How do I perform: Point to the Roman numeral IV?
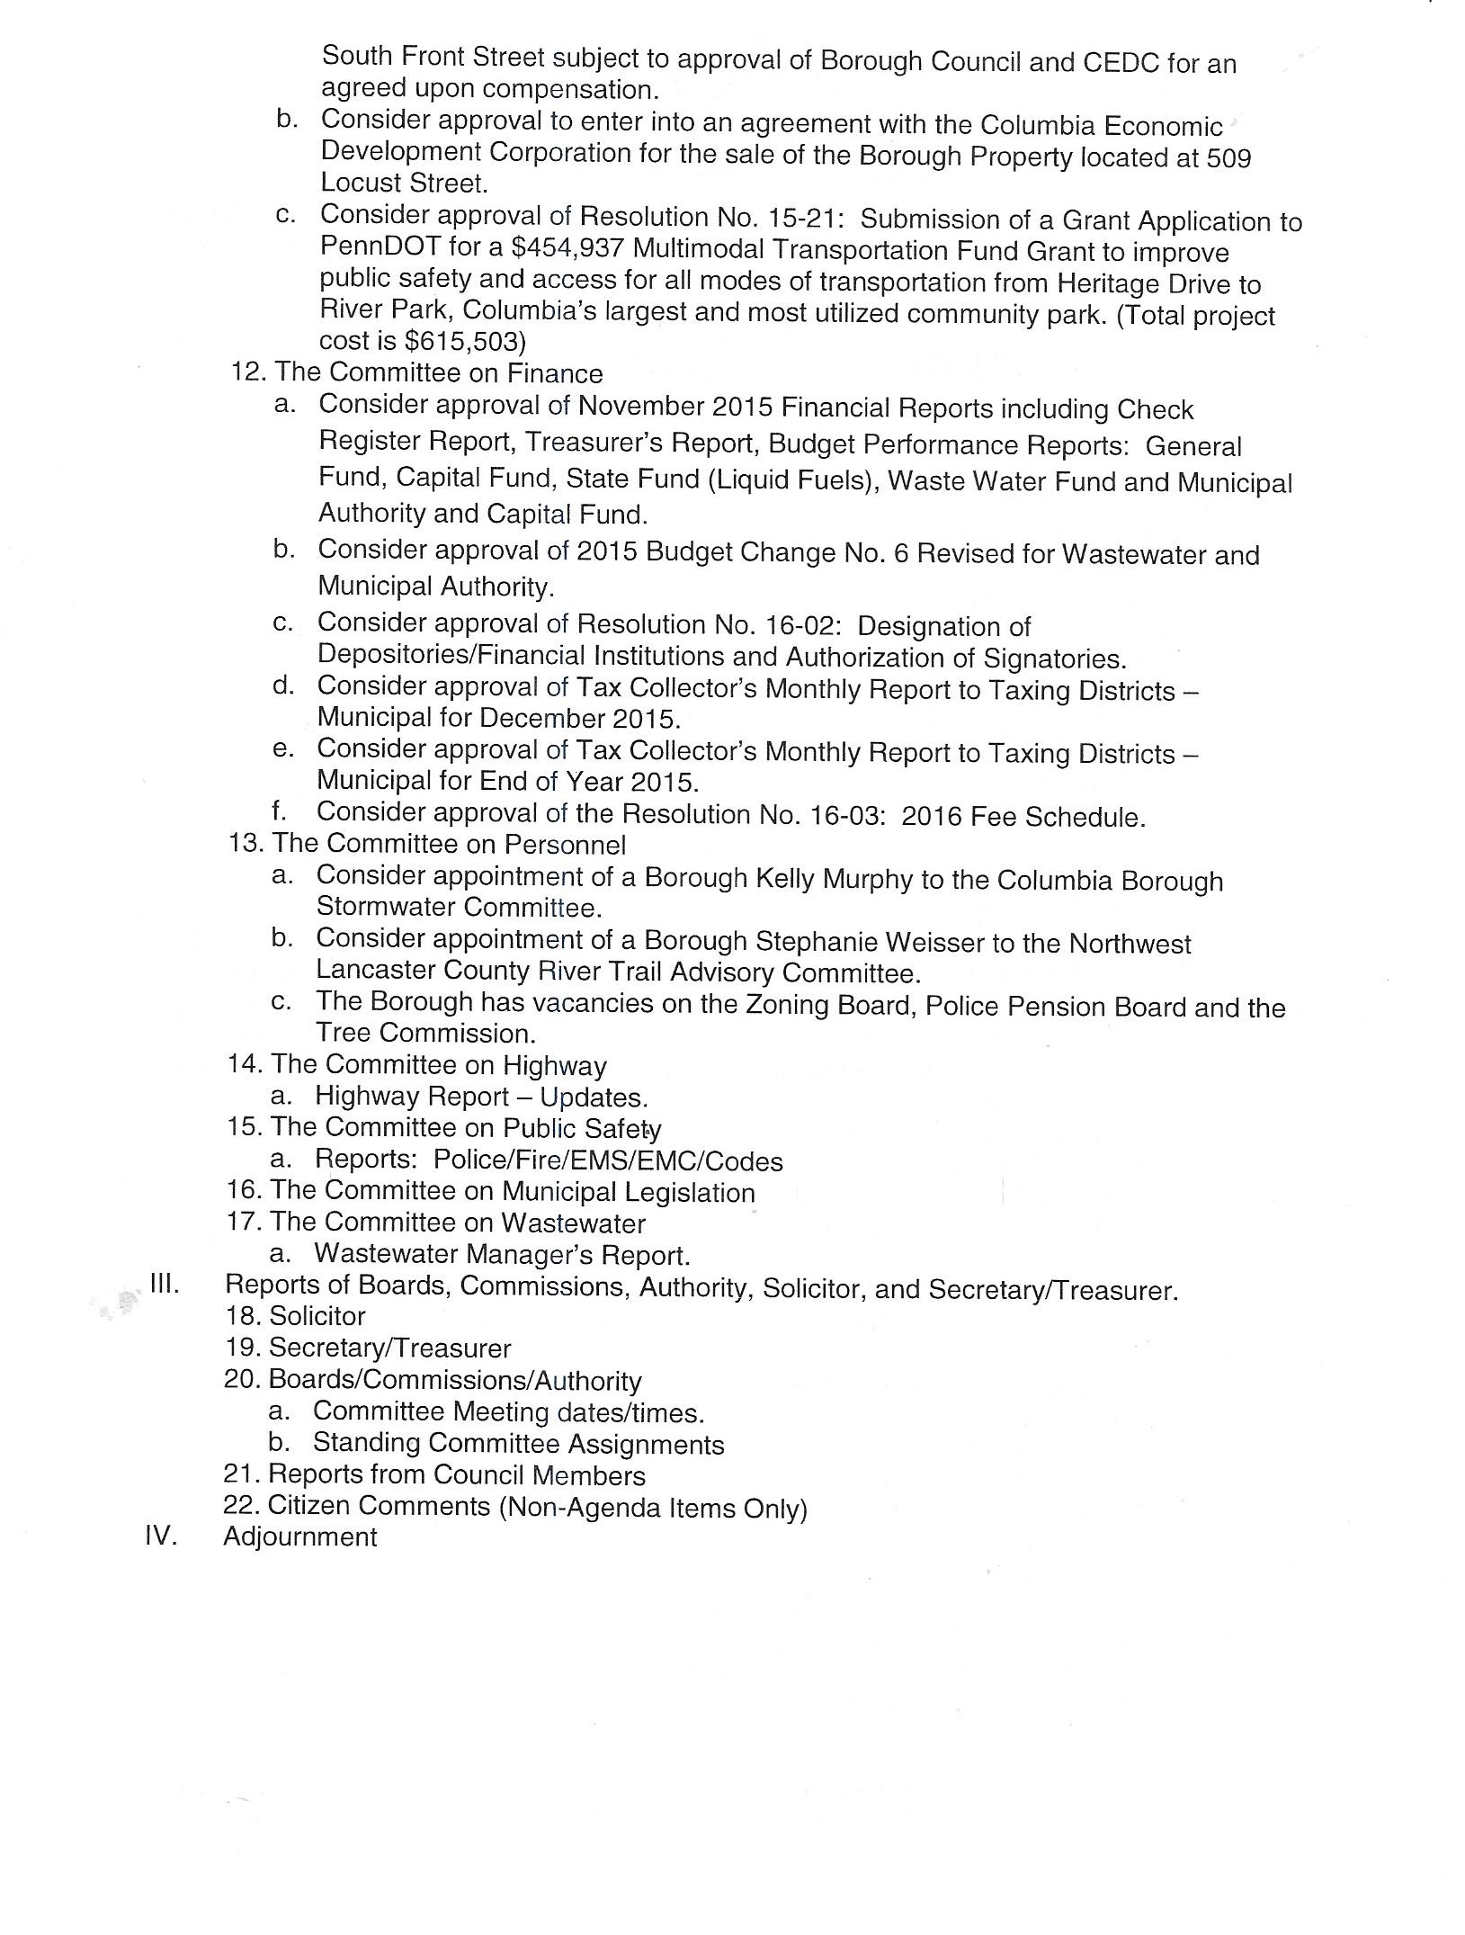[x=159, y=1535]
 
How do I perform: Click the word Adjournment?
[x=300, y=1536]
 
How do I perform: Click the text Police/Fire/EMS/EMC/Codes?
[x=608, y=1161]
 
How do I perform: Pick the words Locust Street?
[x=402, y=183]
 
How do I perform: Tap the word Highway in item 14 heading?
[x=554, y=1066]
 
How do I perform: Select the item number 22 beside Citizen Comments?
[x=240, y=1504]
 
